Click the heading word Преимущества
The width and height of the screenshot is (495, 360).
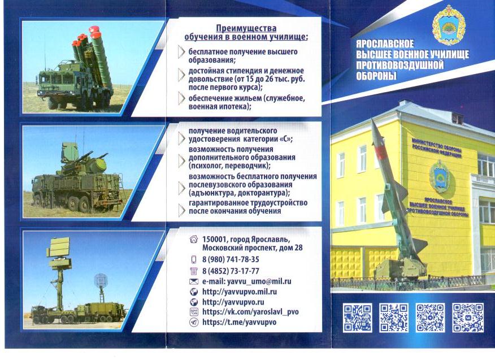[246, 28]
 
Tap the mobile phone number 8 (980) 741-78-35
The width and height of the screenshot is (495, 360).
[231, 259]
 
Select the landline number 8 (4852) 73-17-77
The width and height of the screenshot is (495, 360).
[231, 271]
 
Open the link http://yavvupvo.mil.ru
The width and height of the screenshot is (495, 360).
[240, 292]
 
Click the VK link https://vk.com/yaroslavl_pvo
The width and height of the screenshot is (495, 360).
[250, 312]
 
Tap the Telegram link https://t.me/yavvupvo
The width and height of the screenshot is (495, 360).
[239, 322]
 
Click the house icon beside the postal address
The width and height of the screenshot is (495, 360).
[193, 239]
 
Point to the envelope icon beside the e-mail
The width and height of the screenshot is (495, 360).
[193, 281]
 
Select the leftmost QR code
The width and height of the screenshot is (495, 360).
[357, 318]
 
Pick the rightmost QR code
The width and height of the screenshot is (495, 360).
[467, 318]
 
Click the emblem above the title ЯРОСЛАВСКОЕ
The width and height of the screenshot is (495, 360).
[449, 25]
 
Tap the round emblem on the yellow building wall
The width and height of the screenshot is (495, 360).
[440, 176]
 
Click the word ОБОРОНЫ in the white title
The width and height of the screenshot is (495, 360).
[376, 76]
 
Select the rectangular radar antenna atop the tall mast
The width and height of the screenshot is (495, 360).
[58, 248]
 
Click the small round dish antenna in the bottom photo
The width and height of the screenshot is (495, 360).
[101, 280]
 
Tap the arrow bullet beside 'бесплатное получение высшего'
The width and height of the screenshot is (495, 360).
[181, 52]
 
